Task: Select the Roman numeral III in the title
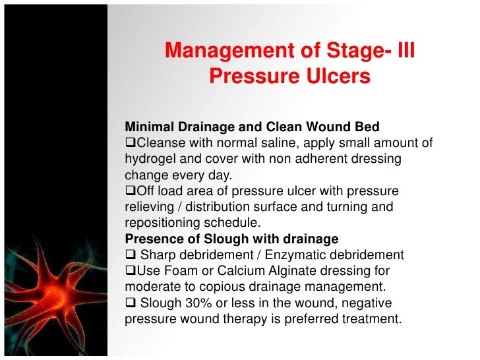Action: click(x=401, y=50)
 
